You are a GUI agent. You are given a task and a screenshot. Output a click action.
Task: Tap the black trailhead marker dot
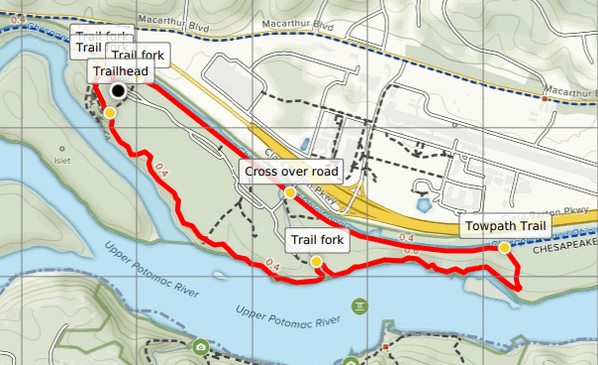coord(119,91)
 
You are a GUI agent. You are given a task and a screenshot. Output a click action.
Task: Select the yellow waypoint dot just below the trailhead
coord(110,113)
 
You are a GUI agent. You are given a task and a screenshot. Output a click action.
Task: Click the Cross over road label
coord(289,172)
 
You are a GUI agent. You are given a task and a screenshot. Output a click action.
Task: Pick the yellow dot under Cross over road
coord(289,192)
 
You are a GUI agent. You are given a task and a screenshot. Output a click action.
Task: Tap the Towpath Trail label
coord(504,229)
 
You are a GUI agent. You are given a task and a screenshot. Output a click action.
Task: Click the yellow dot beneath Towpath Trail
coord(504,247)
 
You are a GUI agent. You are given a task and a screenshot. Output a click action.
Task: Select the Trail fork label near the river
coord(316,240)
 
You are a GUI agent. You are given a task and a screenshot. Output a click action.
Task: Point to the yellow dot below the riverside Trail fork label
coord(316,261)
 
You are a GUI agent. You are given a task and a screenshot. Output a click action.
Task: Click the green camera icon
coord(201,347)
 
